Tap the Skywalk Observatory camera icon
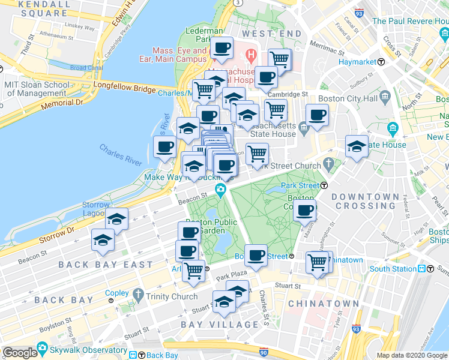(42, 348)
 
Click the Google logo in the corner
(20, 353)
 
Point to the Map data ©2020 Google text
(412, 355)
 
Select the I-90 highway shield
(264, 352)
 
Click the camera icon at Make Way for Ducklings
(221, 191)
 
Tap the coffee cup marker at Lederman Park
(221, 48)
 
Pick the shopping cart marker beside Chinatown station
(317, 261)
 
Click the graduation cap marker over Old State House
(357, 146)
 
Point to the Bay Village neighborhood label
(220, 325)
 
